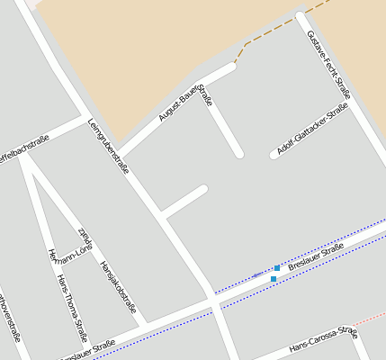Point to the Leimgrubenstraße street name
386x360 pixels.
pos(109,146)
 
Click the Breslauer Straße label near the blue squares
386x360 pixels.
pos(316,255)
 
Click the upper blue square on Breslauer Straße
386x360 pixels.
pos(277,268)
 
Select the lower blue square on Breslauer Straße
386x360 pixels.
pos(273,279)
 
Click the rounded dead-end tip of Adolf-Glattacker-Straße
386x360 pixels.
pos(274,155)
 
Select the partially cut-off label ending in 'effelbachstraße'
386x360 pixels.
pos(23,148)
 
